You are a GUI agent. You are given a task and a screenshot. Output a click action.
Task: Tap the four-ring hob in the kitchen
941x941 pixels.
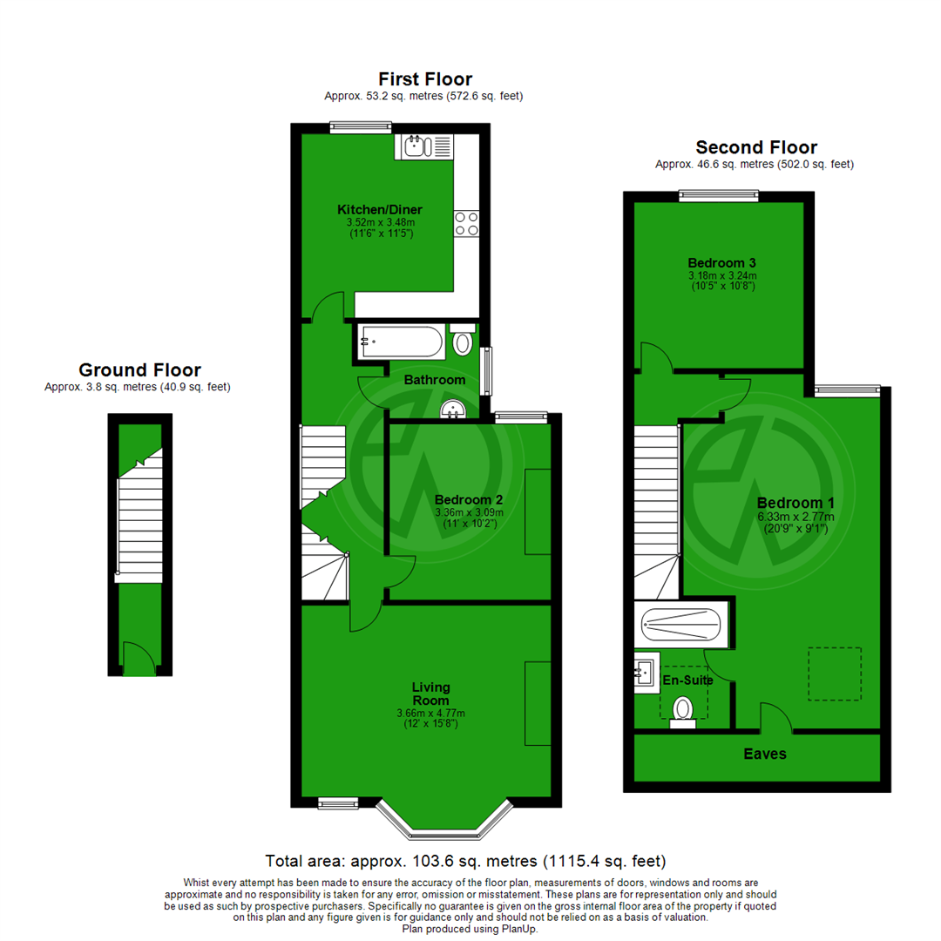[x=465, y=224]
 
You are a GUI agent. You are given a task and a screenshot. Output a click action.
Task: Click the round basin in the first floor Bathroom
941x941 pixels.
[x=453, y=410]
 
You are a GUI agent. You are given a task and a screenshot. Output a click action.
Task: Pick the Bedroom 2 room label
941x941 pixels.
[x=469, y=499]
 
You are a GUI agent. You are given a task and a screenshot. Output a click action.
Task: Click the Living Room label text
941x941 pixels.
[x=430, y=694]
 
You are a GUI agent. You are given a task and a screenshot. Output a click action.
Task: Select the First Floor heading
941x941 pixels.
[x=425, y=79]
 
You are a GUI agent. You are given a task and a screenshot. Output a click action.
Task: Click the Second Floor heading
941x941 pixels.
[x=755, y=147]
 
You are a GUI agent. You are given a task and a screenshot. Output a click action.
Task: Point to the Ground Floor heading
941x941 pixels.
[x=139, y=370]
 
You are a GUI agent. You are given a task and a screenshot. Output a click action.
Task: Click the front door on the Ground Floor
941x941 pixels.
[x=138, y=660]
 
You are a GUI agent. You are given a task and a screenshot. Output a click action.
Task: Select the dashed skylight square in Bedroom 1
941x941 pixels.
[x=835, y=674]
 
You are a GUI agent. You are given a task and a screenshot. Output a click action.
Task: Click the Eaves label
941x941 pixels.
[x=764, y=754]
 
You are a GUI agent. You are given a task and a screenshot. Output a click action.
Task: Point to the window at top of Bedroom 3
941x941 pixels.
[x=719, y=196]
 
